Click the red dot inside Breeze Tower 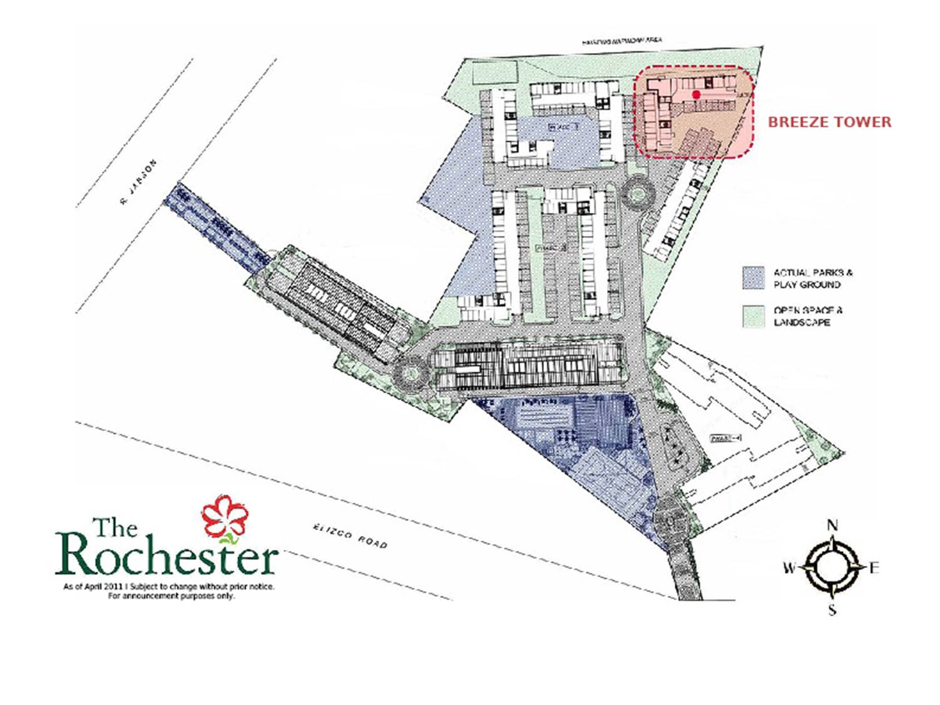(x=696, y=94)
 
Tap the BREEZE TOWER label (x=829, y=122)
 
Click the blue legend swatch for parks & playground (x=754, y=278)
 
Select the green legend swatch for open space (x=754, y=316)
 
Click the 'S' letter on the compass (x=832, y=610)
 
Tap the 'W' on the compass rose (x=789, y=568)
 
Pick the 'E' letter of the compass (x=874, y=568)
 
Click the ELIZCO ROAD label (x=350, y=537)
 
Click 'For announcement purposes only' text (x=171, y=596)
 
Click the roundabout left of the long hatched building (x=411, y=373)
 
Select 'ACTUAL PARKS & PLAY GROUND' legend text (x=812, y=278)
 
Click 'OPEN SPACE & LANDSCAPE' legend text (x=807, y=316)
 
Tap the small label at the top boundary (x=621, y=41)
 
